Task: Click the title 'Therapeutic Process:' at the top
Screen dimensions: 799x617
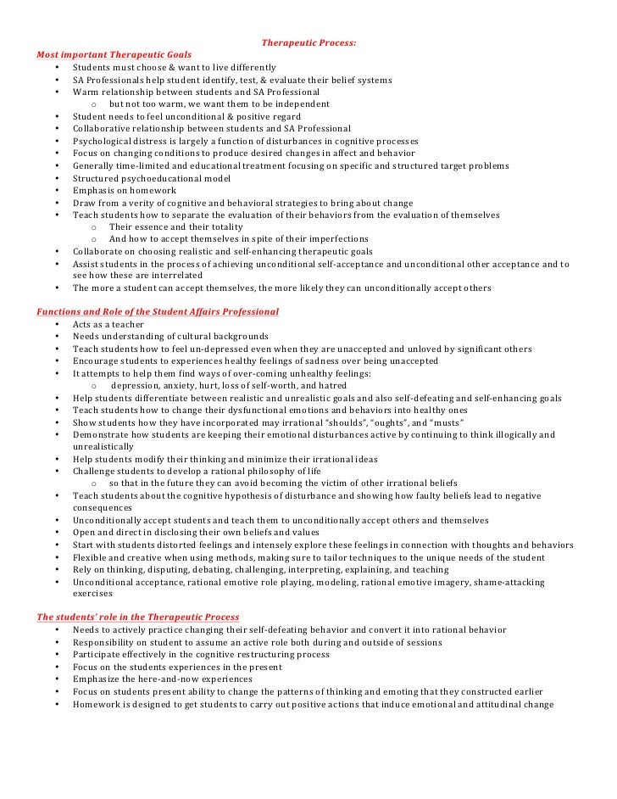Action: (x=308, y=42)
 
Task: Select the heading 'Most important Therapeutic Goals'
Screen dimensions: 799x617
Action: (x=114, y=55)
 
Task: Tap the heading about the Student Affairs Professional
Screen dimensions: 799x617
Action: (x=158, y=312)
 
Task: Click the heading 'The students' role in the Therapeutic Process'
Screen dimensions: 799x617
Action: (x=137, y=617)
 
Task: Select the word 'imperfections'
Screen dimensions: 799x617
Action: (x=337, y=239)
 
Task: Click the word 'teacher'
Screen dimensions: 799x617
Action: (x=127, y=324)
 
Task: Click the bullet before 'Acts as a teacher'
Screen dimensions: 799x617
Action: (x=57, y=324)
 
